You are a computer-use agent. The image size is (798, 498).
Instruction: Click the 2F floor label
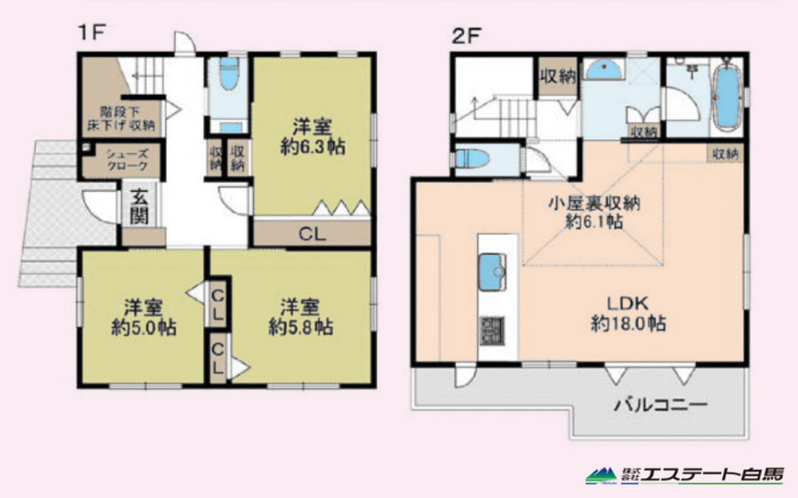tap(466, 36)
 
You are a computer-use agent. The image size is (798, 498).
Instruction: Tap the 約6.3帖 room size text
tap(312, 147)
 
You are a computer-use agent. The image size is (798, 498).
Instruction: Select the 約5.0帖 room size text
tap(144, 328)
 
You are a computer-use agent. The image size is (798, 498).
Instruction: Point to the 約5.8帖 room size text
tap(301, 327)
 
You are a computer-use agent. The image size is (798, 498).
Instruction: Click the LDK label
tap(628, 304)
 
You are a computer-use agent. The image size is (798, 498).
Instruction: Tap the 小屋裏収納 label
tap(594, 203)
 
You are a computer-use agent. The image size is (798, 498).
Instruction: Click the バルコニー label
tap(661, 404)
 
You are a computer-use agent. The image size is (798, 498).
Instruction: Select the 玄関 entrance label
tap(139, 206)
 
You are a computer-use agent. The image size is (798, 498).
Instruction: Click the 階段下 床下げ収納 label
tap(121, 118)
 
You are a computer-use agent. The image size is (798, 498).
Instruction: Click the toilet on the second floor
tap(472, 158)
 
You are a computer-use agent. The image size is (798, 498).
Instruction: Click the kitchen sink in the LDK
tap(492, 272)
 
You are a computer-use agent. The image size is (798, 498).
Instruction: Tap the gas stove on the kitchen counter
tap(492, 331)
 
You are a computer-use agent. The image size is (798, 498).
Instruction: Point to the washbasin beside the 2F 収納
tap(605, 70)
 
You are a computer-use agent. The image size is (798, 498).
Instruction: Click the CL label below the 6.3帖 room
tap(312, 234)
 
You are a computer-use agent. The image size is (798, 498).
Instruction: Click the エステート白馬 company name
tap(712, 475)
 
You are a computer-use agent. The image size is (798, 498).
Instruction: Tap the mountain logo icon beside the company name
tap(601, 476)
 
